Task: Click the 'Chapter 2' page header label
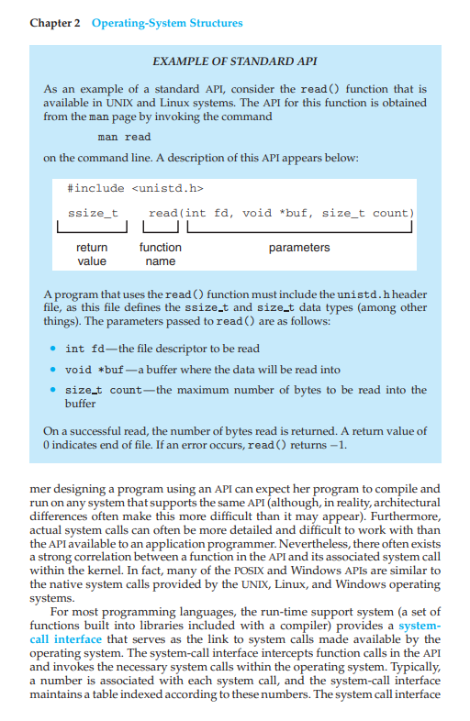[50, 22]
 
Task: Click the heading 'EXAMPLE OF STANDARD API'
[235, 61]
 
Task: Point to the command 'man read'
[124, 137]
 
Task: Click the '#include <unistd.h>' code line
[135, 188]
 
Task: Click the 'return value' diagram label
[91, 254]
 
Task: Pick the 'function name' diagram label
[160, 254]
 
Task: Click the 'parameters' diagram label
[299, 248]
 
